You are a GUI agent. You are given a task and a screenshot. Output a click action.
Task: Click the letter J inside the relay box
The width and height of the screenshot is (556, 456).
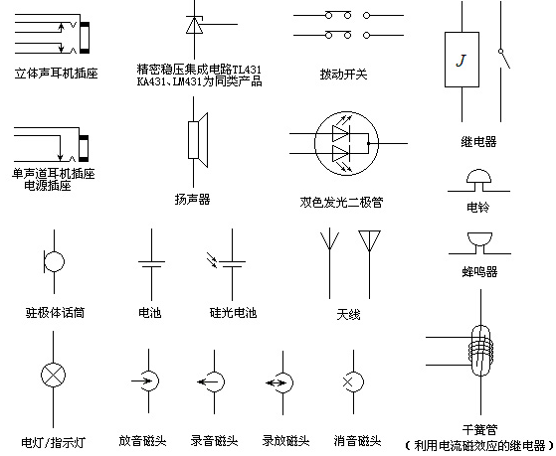(461, 61)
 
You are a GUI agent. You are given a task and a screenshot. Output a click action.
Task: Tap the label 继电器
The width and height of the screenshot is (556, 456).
(478, 142)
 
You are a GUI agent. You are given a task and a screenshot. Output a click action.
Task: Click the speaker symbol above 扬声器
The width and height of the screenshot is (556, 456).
(198, 140)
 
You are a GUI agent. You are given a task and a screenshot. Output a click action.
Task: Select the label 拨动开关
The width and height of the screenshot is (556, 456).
(343, 75)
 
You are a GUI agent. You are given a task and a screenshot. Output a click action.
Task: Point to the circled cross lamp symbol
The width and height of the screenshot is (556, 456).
(53, 375)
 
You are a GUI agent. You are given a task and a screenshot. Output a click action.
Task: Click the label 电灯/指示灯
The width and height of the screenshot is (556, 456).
(54, 442)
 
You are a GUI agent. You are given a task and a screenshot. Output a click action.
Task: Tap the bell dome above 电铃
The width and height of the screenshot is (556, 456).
(478, 176)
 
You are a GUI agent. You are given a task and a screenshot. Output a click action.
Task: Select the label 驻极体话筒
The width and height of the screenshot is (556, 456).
(55, 313)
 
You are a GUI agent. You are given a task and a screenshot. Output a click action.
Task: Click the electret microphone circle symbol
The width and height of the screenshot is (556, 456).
(54, 261)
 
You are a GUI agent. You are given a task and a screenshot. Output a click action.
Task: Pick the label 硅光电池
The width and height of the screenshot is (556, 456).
(233, 313)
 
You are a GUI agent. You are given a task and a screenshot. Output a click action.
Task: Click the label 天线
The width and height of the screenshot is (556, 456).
(348, 314)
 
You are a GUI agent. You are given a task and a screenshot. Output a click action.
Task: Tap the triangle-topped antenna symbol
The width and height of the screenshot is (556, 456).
(369, 264)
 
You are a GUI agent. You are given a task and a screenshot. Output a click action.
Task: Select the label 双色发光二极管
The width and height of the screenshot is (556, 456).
(341, 202)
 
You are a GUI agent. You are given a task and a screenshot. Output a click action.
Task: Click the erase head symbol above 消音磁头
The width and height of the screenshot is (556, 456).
(353, 381)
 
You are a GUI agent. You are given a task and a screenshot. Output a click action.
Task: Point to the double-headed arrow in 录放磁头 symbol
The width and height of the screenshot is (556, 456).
(276, 382)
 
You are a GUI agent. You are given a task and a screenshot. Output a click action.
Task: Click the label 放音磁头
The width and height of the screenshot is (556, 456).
(142, 441)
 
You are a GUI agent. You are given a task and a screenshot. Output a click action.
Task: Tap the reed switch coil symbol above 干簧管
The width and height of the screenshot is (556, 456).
(480, 351)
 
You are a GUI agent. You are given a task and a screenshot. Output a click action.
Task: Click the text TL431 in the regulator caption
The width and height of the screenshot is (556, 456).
(247, 70)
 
